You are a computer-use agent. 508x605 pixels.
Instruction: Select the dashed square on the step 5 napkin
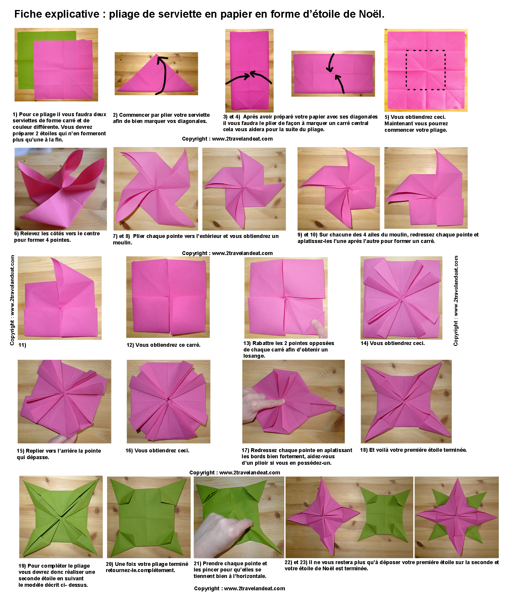click(426, 70)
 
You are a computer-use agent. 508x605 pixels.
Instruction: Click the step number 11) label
click(22, 345)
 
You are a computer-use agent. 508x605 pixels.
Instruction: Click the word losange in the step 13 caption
click(254, 356)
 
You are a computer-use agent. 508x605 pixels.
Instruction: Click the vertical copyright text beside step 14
click(456, 301)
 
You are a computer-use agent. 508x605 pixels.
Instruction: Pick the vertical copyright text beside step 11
click(12, 300)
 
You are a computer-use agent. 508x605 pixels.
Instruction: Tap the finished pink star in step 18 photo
click(406, 401)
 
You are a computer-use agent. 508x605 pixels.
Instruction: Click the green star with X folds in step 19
click(61, 517)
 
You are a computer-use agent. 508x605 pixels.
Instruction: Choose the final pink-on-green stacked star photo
click(457, 517)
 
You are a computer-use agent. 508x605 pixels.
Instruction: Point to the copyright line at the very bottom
click(240, 588)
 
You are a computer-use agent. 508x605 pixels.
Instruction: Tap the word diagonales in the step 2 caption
click(192, 121)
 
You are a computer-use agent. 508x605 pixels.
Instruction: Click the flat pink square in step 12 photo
click(169, 296)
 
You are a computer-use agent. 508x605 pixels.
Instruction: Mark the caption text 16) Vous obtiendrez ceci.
click(157, 451)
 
